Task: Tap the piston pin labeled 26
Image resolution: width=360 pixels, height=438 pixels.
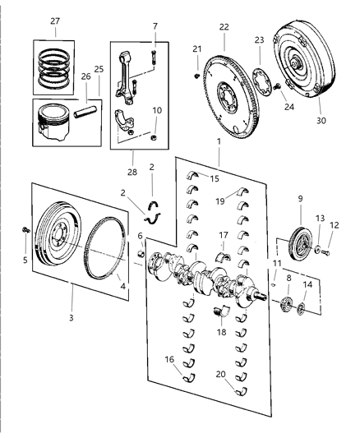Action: coord(85,108)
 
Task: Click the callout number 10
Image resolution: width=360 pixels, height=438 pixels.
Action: coord(157,110)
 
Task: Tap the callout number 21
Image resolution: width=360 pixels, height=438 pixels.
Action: coord(196,49)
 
